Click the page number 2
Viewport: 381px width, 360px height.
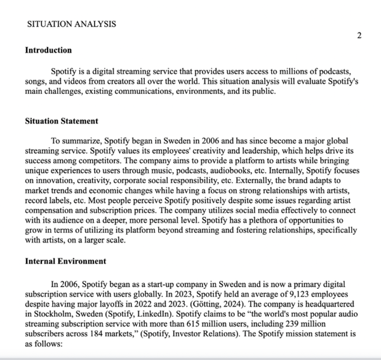pos(359,35)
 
